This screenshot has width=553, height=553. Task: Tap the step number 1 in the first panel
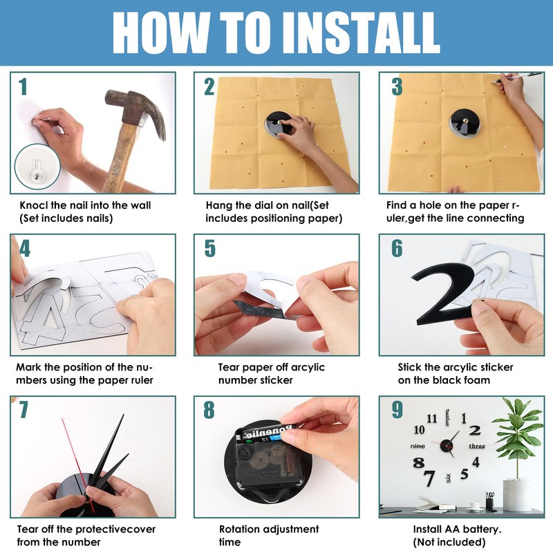23,87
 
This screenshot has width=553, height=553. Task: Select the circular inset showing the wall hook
37,167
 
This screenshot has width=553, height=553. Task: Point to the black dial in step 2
277,124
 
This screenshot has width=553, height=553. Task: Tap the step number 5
210,248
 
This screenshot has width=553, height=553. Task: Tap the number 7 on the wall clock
429,478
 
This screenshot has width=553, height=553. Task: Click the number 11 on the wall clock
432,419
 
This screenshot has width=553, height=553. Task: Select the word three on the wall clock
477,446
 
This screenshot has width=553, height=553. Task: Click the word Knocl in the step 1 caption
34,205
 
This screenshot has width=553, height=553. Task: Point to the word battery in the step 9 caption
482,529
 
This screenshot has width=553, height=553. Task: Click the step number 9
397,410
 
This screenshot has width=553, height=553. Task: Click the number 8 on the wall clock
419,462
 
